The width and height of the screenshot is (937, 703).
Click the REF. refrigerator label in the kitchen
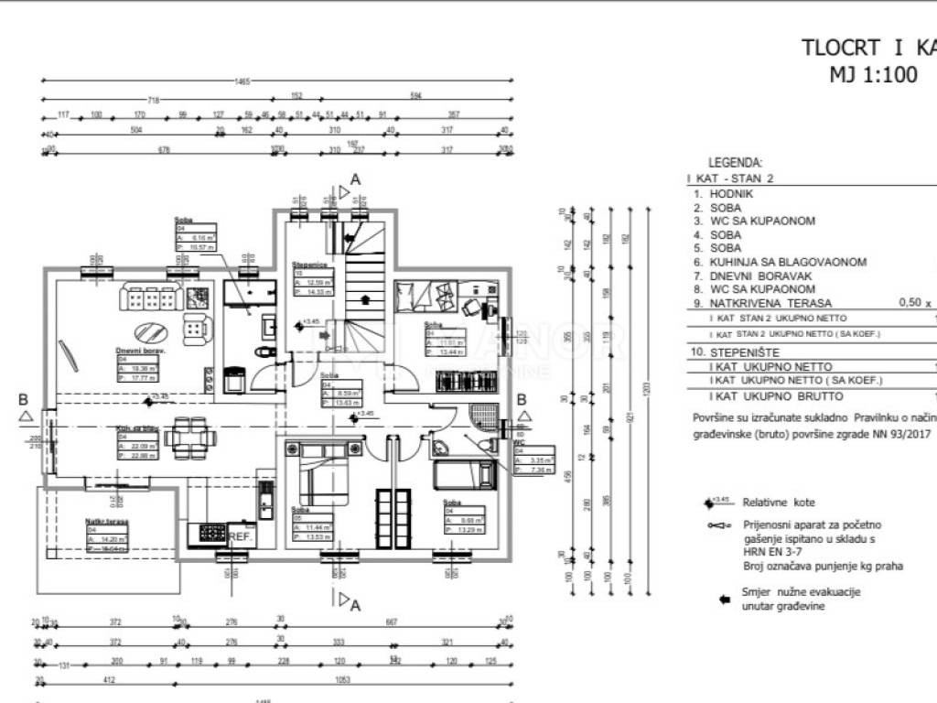point(241,536)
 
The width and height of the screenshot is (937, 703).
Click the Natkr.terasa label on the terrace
point(107,521)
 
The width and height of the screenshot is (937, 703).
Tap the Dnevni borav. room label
point(139,350)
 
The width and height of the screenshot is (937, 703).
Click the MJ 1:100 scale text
point(872,76)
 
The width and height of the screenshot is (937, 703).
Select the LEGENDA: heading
point(735,162)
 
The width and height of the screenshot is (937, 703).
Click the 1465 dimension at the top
point(242,81)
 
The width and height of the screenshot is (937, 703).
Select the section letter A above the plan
point(356,178)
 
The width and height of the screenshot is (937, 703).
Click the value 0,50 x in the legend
point(914,302)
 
